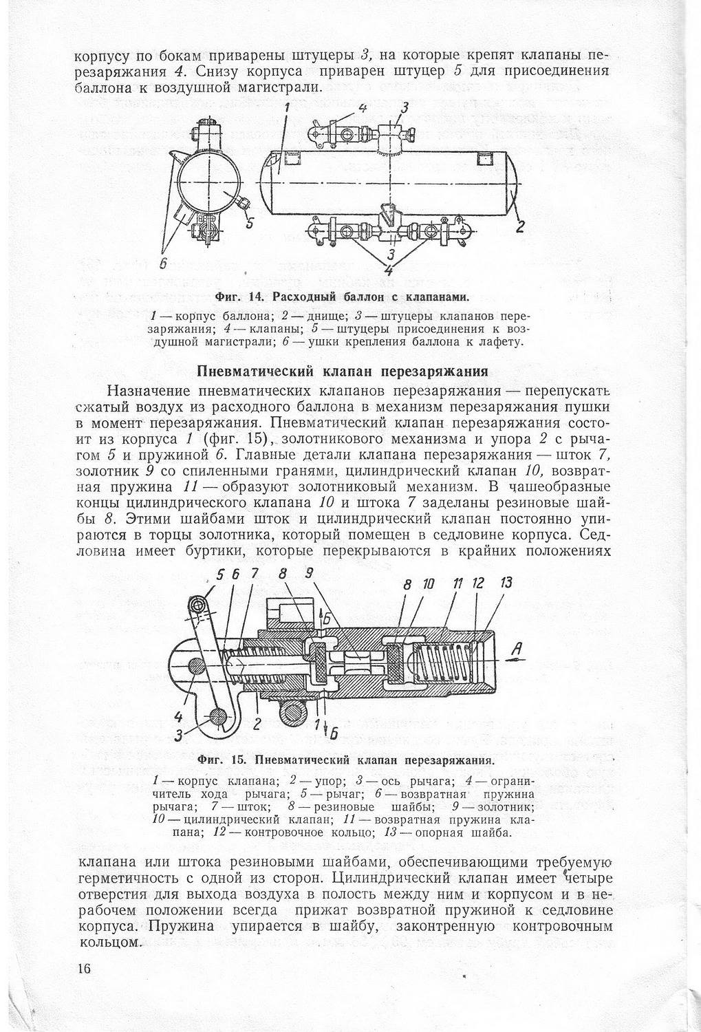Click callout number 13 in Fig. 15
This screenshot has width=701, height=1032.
pos(506,583)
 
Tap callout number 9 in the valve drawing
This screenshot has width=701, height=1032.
pos(309,572)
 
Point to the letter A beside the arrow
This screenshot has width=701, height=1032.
pos(515,648)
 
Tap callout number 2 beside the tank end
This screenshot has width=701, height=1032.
pos(521,225)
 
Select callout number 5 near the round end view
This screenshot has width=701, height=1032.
pos(250,222)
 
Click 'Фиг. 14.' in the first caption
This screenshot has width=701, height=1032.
pos(235,297)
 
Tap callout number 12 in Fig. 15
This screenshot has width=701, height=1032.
pos(476,583)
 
